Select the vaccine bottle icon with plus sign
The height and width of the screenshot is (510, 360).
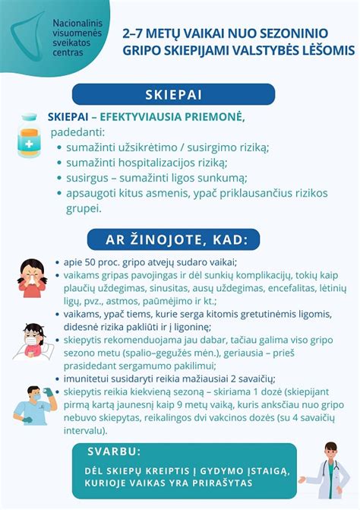[30, 137]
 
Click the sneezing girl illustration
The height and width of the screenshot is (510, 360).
[32, 278]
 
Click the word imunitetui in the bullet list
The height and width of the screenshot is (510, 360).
[89, 379]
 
